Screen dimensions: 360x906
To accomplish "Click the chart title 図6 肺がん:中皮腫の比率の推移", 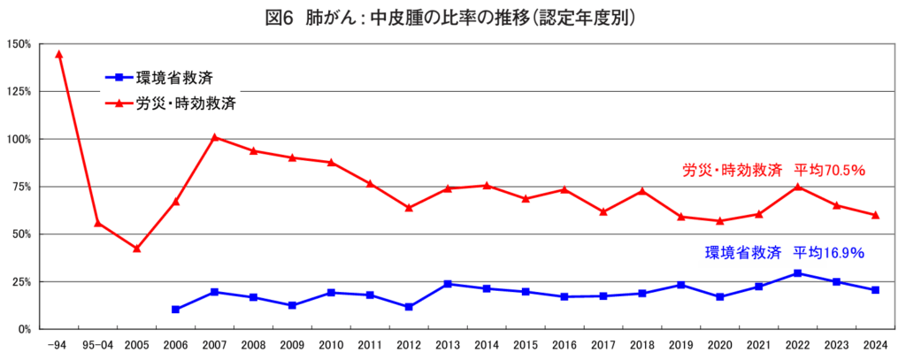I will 452,17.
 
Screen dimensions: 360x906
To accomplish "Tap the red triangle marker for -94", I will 59,54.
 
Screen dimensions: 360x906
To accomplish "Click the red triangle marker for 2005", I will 136,249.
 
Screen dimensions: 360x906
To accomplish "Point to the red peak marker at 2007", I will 214,137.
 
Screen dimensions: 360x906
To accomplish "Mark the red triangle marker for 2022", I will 797,187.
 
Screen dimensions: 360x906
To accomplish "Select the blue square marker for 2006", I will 175,310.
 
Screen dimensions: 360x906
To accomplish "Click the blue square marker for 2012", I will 409,307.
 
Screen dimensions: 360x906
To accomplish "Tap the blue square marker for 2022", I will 797,273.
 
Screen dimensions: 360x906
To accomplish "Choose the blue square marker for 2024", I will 875,290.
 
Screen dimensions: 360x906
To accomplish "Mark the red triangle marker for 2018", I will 642,191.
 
